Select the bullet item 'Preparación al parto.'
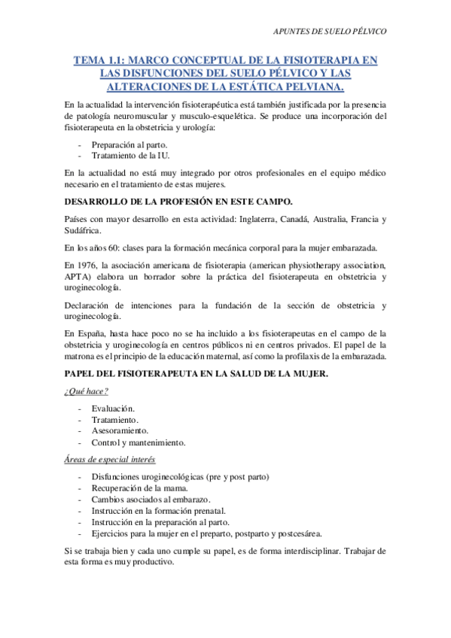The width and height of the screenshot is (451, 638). (130, 144)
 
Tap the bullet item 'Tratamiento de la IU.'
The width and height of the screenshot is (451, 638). (130, 155)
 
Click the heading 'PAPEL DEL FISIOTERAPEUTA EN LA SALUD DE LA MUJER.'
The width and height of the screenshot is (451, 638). (197, 374)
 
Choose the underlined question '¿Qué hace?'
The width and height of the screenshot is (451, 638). (87, 390)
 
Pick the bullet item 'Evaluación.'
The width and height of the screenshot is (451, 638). (114, 408)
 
